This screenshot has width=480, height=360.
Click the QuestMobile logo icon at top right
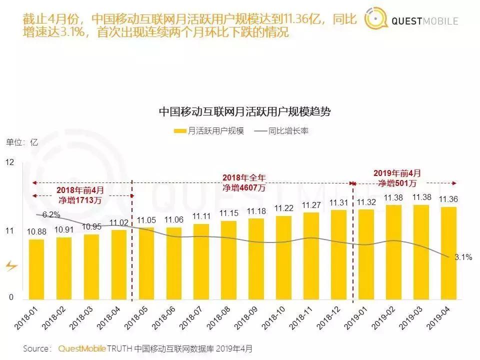pyautogui.click(x=376, y=20)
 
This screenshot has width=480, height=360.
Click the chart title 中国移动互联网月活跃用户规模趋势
pyautogui.click(x=244, y=111)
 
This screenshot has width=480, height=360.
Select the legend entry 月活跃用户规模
pyautogui.click(x=209, y=131)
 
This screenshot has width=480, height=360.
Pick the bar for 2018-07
pyautogui.click(x=201, y=261)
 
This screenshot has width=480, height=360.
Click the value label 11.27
pyautogui.click(x=311, y=205)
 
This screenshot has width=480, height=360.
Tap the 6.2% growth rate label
pyautogui.click(x=51, y=215)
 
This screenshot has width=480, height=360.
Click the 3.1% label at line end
pyautogui.click(x=463, y=257)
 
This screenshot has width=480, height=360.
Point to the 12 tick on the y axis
pyautogui.click(x=10, y=162)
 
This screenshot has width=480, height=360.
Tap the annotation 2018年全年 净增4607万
pyautogui.click(x=243, y=182)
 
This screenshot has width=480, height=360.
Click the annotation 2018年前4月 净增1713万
pyautogui.click(x=80, y=195)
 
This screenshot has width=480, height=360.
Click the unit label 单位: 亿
pyautogui.click(x=22, y=141)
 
